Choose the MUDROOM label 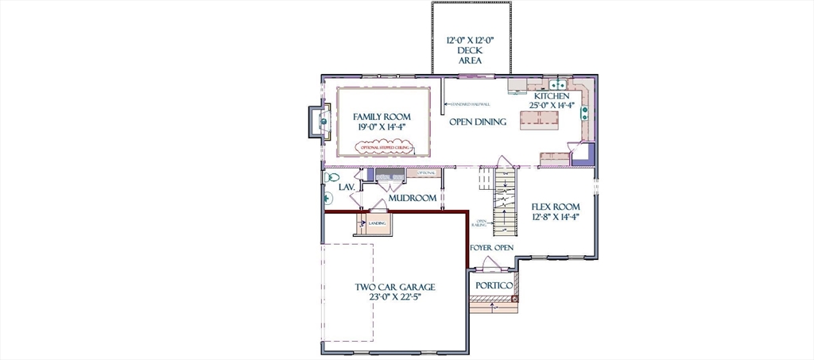[413, 198]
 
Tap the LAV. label [347, 188]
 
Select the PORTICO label [493, 285]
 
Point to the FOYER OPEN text [491, 248]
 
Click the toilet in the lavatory [332, 177]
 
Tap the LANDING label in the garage [376, 223]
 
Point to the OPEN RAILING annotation [481, 223]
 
